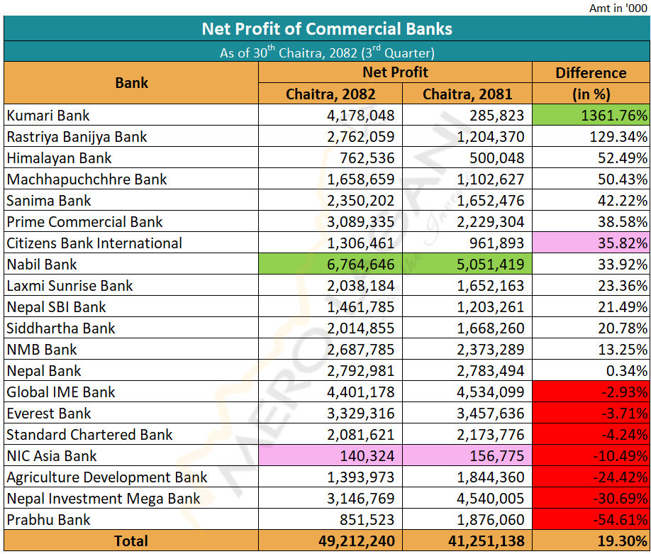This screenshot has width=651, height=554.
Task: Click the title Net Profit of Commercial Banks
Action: pos(327,29)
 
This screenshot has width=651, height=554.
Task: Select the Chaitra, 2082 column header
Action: pos(330,94)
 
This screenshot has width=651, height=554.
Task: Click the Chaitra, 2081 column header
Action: pos(467,94)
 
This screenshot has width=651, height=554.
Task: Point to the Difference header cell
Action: pos(591,73)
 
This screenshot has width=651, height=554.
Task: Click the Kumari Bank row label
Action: pos(48,115)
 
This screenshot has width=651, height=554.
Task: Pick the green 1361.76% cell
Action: pos(591,115)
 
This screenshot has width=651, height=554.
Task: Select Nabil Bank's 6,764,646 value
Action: pos(330,264)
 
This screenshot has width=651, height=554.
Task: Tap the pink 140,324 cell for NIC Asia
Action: pos(330,455)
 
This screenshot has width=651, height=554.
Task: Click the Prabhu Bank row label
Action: pos(49,519)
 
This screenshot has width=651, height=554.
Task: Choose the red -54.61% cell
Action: pos(591,519)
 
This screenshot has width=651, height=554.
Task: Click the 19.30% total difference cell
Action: pos(591,541)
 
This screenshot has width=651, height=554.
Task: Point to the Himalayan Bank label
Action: pos(59,157)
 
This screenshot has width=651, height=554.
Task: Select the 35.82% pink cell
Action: pos(591,243)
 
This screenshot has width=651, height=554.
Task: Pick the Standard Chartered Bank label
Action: pos(89,434)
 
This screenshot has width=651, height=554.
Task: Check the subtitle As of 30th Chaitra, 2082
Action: pos(327,52)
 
